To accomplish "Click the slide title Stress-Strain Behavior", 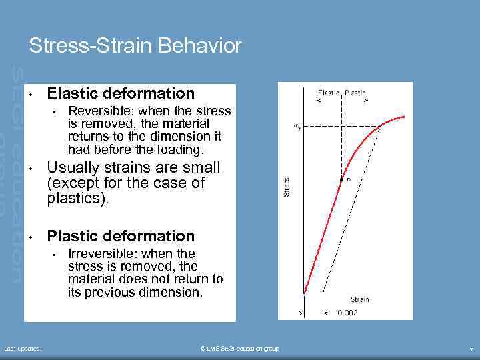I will click(x=135, y=46).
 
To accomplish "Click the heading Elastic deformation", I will click(x=121, y=93).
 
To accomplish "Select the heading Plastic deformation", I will click(x=121, y=236).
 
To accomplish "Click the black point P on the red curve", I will click(x=342, y=180).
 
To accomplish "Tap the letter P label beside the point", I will click(x=349, y=180).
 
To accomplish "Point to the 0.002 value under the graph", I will click(x=347, y=313).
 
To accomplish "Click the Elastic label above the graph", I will click(x=329, y=93).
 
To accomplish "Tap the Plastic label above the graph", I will click(x=356, y=93).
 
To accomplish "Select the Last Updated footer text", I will click(x=23, y=349).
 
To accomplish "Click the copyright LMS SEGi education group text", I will click(x=239, y=349).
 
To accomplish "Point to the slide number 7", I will click(x=471, y=349).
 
